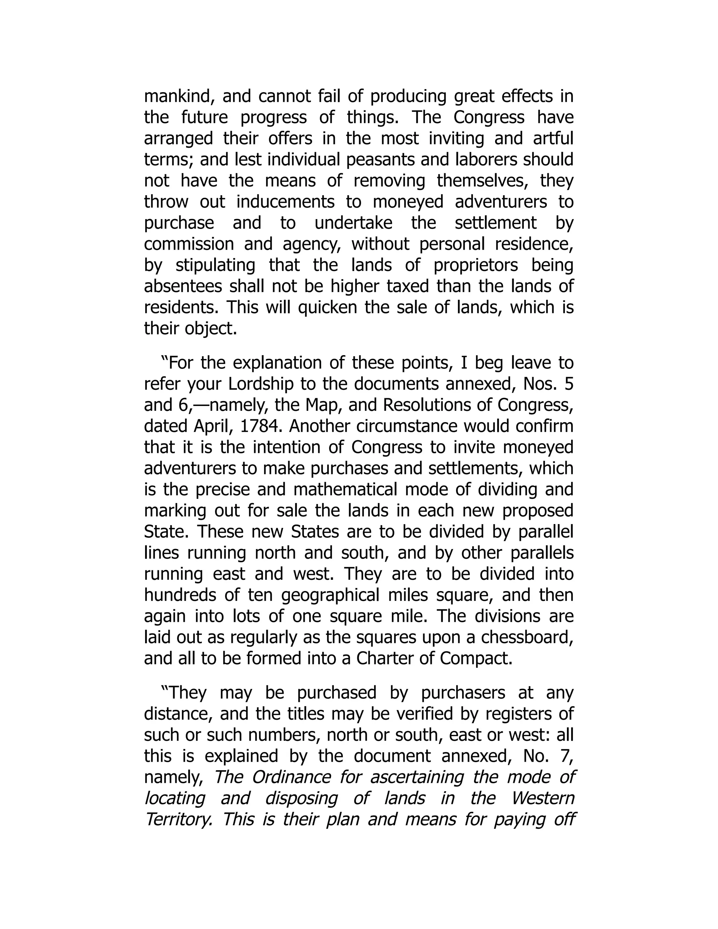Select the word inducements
click(x=285, y=202)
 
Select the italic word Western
click(x=542, y=798)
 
